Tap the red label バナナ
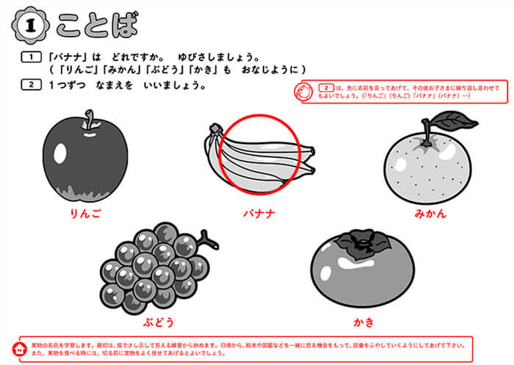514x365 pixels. pos(259,214)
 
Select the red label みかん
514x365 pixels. pos(430,214)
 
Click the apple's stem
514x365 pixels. pos(90,120)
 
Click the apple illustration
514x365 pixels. pos(84,162)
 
